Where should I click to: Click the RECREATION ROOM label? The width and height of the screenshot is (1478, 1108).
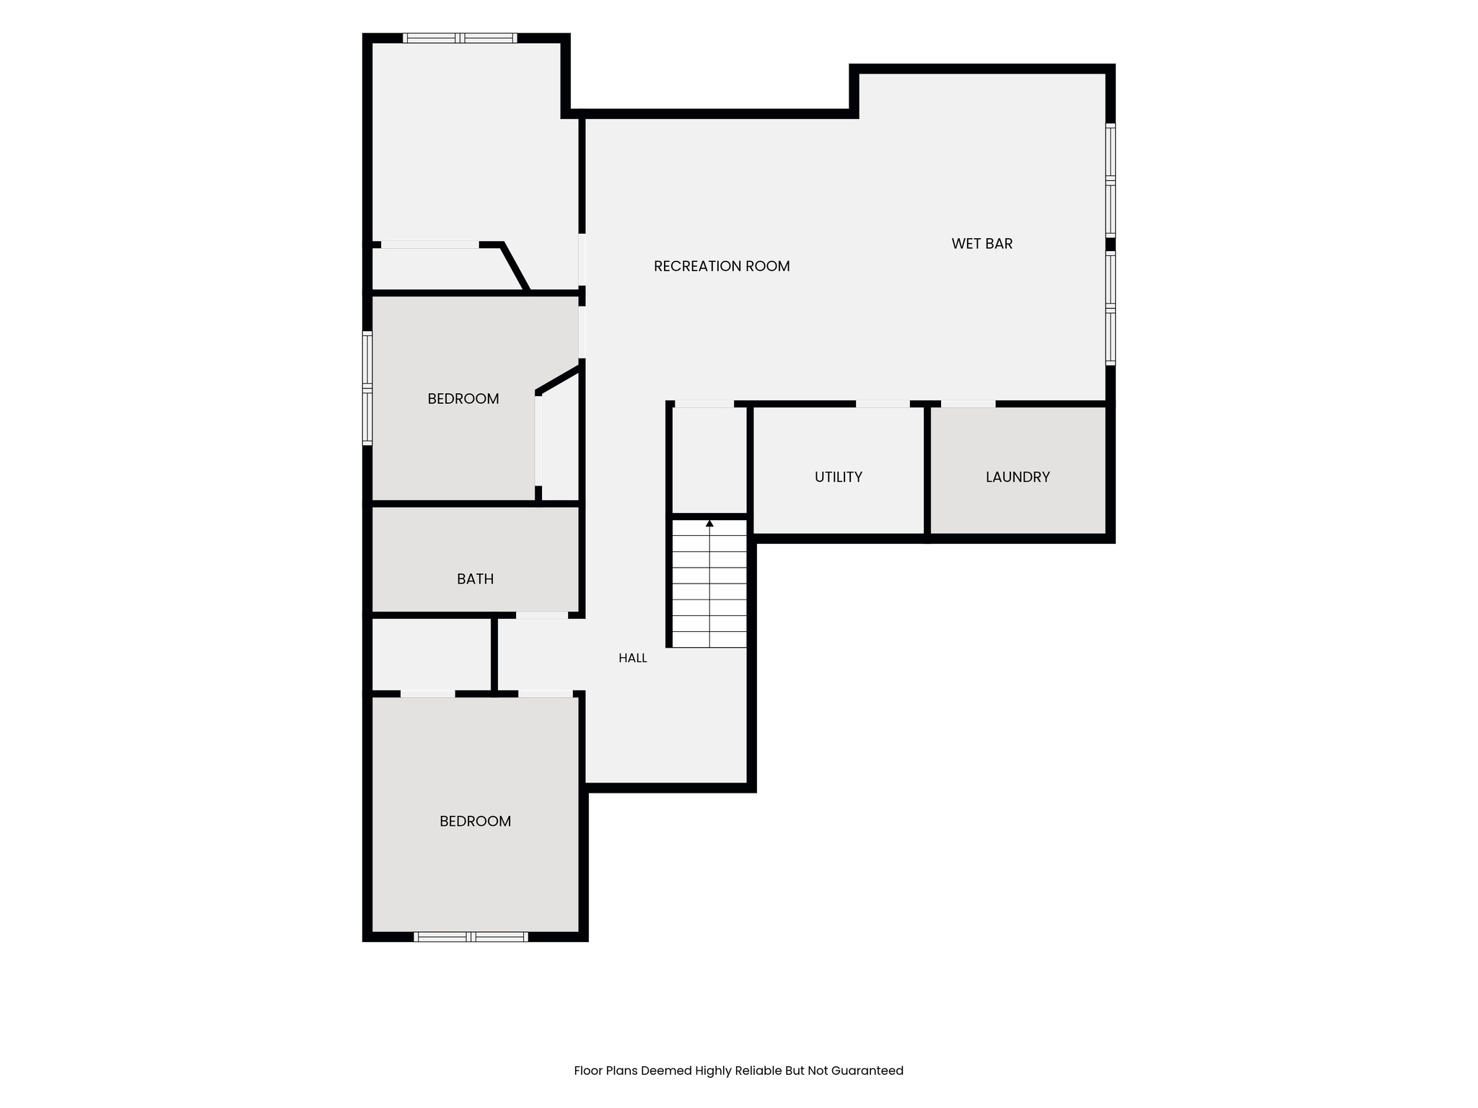(x=722, y=266)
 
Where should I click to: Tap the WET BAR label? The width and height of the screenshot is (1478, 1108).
(x=981, y=244)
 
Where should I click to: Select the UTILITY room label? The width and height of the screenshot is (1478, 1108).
(x=839, y=477)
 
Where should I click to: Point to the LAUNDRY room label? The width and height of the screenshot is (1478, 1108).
(x=1018, y=477)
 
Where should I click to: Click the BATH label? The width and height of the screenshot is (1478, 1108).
(x=476, y=579)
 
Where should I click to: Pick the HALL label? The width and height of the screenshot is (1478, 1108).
(x=633, y=658)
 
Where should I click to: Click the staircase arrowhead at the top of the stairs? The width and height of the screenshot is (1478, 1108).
(x=709, y=523)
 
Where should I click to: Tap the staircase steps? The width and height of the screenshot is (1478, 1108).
(x=709, y=583)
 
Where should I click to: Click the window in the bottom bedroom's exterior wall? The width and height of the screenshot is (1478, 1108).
(x=471, y=937)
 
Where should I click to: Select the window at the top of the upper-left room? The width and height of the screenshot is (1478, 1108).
(x=460, y=38)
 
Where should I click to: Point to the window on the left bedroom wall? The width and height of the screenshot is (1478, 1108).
(x=367, y=388)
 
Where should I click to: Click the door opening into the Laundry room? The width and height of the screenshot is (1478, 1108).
(x=968, y=404)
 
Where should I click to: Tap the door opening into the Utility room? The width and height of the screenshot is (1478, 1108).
(x=883, y=404)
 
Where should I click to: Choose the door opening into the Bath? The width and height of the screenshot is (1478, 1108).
(x=542, y=615)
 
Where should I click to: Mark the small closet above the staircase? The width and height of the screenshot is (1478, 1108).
(x=709, y=460)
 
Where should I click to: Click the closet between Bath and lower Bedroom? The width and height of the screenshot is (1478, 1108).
(x=432, y=654)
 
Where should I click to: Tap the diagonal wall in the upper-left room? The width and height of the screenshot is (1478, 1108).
(x=515, y=268)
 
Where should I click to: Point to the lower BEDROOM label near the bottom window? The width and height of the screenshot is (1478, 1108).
(x=476, y=821)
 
